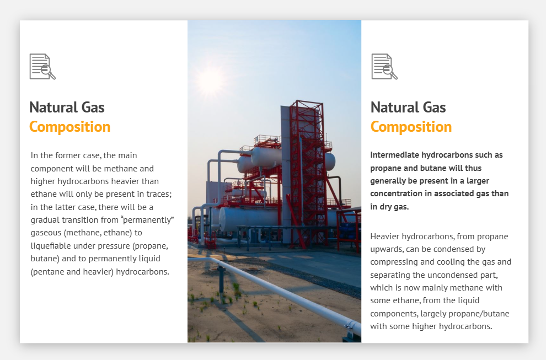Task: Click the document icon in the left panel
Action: tap(42, 67)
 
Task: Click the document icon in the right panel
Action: tap(384, 67)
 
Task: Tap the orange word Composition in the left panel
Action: tap(69, 127)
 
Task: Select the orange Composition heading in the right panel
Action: tap(411, 127)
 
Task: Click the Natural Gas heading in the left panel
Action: tap(67, 108)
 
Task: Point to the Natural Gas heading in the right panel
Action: tap(408, 108)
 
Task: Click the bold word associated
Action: tap(454, 194)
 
